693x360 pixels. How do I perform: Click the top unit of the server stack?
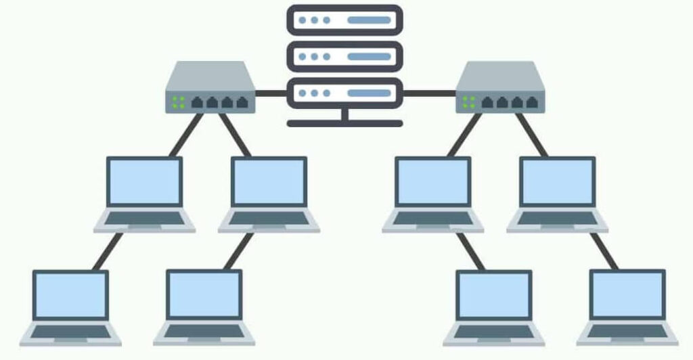[344, 20]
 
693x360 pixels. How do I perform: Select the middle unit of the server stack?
[344, 56]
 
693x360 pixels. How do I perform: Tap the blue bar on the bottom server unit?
[369, 93]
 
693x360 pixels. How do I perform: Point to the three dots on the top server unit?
[313, 20]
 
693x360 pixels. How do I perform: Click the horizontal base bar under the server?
[344, 123]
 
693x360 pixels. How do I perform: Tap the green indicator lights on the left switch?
[178, 102]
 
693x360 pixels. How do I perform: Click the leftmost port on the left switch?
[198, 103]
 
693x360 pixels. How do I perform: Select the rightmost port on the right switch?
[532, 103]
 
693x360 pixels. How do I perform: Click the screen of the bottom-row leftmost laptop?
[70, 295]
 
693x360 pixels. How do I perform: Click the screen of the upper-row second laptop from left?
[269, 181]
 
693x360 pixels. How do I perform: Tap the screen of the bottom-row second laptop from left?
[204, 294]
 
